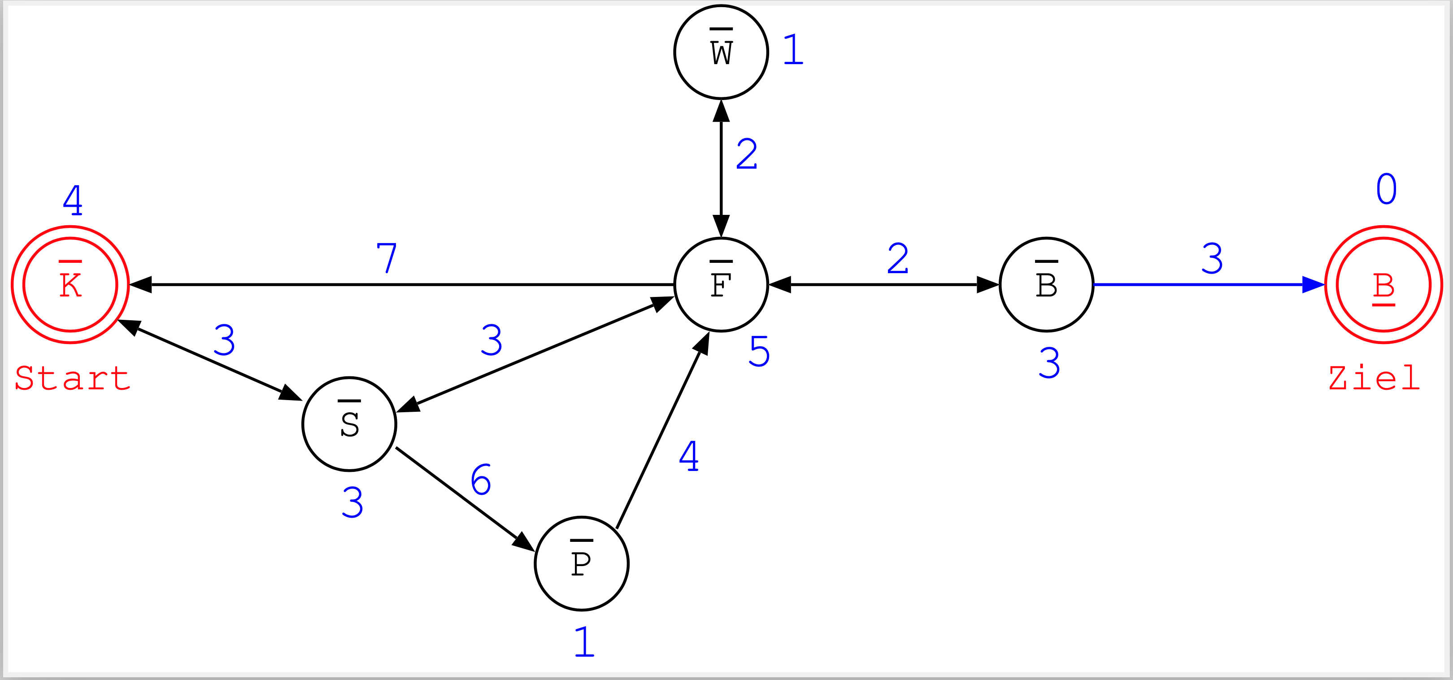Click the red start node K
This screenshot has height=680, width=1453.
coord(70,284)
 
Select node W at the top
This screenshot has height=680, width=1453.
coord(721,52)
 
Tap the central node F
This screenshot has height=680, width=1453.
coord(721,284)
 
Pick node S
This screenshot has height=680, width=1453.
coord(349,424)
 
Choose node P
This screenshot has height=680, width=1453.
coord(582,563)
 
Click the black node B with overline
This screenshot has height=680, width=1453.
coord(1046,284)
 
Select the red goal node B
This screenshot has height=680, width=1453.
coord(1383,284)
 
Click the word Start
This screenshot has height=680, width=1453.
coord(72,378)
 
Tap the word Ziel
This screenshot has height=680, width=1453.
coord(1374,378)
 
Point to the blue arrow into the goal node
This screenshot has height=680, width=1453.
coord(1207,284)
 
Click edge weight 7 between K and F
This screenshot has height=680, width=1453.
coord(387,258)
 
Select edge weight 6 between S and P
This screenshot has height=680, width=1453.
coord(481,479)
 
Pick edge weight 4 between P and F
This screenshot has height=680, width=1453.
coord(689,456)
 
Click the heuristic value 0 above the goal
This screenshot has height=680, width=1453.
coord(1387,189)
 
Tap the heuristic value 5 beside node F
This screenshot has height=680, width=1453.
coord(759,352)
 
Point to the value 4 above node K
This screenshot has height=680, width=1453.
coord(73,200)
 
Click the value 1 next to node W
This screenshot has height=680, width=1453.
coord(793,50)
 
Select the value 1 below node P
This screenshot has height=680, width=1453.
coord(584,642)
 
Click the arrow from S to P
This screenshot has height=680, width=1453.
coord(462,497)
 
